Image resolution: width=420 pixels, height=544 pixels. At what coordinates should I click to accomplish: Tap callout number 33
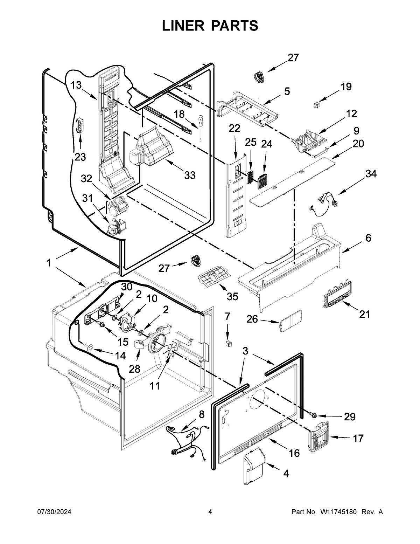coord(190,175)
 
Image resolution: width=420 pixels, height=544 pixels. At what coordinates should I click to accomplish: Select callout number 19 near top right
coord(346,87)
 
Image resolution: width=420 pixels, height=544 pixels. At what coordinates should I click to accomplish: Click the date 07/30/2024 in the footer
coord(54,512)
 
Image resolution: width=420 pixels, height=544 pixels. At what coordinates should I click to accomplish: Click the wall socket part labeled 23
coord(80,126)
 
